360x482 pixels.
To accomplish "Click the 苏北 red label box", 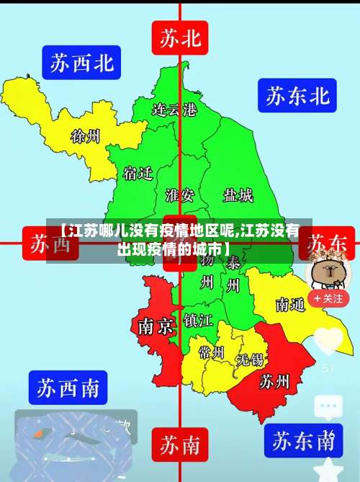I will (x=180, y=38).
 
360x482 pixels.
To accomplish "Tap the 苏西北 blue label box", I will (x=81, y=63).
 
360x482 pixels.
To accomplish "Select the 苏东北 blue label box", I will (x=297, y=96).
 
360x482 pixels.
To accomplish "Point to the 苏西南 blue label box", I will (x=68, y=388).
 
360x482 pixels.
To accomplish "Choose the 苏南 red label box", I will (x=180, y=445).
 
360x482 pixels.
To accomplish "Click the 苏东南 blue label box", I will (x=302, y=439).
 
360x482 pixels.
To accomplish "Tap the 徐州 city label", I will (x=85, y=135).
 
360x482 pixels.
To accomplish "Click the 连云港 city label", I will (x=174, y=110).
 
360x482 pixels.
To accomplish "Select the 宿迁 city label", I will (x=138, y=174).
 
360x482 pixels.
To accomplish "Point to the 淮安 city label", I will (x=179, y=195).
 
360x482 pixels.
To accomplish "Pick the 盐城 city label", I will (x=238, y=195).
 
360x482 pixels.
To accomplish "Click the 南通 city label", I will (x=290, y=305).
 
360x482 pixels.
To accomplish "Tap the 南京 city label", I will (x=156, y=327).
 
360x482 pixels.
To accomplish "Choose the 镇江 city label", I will (x=197, y=319).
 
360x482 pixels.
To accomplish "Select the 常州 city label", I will (x=212, y=353).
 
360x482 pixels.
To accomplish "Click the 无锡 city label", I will (x=251, y=359).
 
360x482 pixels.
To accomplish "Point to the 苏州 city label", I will (x=274, y=380).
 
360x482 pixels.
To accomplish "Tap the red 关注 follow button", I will (x=328, y=298).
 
